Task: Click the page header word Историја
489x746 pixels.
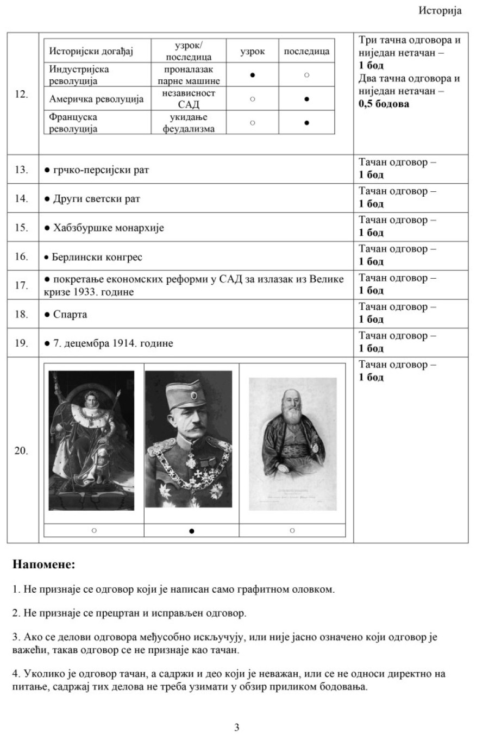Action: [440, 11]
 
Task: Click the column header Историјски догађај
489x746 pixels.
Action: [91, 51]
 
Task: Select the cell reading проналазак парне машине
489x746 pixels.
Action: [189, 75]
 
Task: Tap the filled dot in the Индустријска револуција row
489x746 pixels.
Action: [253, 75]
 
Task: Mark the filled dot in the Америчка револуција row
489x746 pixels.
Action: [307, 99]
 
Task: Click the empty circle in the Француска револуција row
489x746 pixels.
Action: [253, 123]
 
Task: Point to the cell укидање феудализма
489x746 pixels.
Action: [189, 123]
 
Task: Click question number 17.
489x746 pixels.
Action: [21, 285]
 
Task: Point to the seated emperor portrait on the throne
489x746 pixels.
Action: [91, 440]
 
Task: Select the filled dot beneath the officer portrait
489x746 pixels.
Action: [191, 531]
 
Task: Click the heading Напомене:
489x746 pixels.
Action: [43, 564]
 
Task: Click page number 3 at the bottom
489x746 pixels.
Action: [236, 728]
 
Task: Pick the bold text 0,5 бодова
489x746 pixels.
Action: [384, 103]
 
